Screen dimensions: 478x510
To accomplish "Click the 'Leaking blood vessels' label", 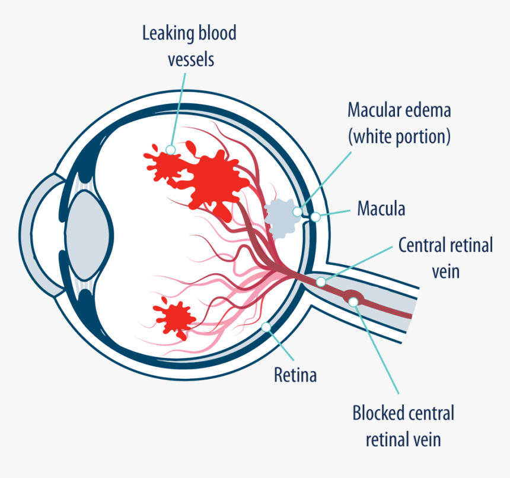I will click(189, 46).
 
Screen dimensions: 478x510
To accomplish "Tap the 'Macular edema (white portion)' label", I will click(399, 124).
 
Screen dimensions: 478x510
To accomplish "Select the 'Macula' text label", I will click(381, 209).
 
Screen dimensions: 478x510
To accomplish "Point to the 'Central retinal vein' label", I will click(445, 258).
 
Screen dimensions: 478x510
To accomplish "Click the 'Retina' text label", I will click(295, 375).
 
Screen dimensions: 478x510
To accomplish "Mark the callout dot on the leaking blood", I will click(171, 150).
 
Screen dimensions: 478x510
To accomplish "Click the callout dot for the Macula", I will click(315, 217).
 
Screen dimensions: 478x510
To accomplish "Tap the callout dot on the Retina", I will click(266, 326).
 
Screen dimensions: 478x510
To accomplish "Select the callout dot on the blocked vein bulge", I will click(353, 302).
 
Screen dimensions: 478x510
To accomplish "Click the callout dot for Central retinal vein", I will click(321, 281).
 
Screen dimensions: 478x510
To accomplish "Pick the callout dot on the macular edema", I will click(297, 210).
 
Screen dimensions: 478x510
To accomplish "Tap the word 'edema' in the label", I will click(425, 110).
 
